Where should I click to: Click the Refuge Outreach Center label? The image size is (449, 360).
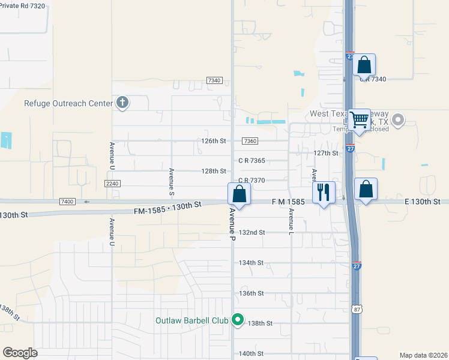(x=68, y=103)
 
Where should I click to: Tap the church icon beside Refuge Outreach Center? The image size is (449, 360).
(x=122, y=103)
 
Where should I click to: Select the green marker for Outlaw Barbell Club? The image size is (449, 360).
(x=238, y=320)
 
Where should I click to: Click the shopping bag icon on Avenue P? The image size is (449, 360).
(x=239, y=194)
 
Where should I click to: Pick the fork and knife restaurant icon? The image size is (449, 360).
(x=323, y=193)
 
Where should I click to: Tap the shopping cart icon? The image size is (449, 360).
(x=359, y=119)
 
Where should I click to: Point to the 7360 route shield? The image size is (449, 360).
(x=250, y=141)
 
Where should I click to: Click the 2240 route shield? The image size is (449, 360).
(x=112, y=183)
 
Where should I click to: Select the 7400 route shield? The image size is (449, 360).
(x=67, y=202)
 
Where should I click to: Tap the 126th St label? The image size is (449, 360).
(x=213, y=141)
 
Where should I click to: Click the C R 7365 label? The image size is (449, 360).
(x=252, y=161)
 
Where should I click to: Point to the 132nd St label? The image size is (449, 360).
(x=252, y=232)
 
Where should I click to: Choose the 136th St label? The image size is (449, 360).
(x=252, y=293)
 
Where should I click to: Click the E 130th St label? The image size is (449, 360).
(x=423, y=202)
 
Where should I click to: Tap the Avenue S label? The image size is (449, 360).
(x=172, y=181)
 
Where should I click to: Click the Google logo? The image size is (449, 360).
(x=20, y=353)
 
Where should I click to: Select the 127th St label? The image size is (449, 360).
(x=326, y=153)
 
